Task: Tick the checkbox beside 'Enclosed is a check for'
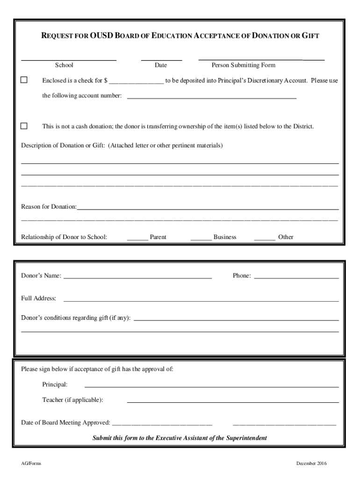point(24,80)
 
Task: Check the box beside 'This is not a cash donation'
point(24,126)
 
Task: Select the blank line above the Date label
point(161,60)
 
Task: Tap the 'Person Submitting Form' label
point(244,65)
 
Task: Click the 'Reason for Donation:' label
point(49,207)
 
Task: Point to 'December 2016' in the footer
point(311,464)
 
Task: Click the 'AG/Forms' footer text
point(31,464)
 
